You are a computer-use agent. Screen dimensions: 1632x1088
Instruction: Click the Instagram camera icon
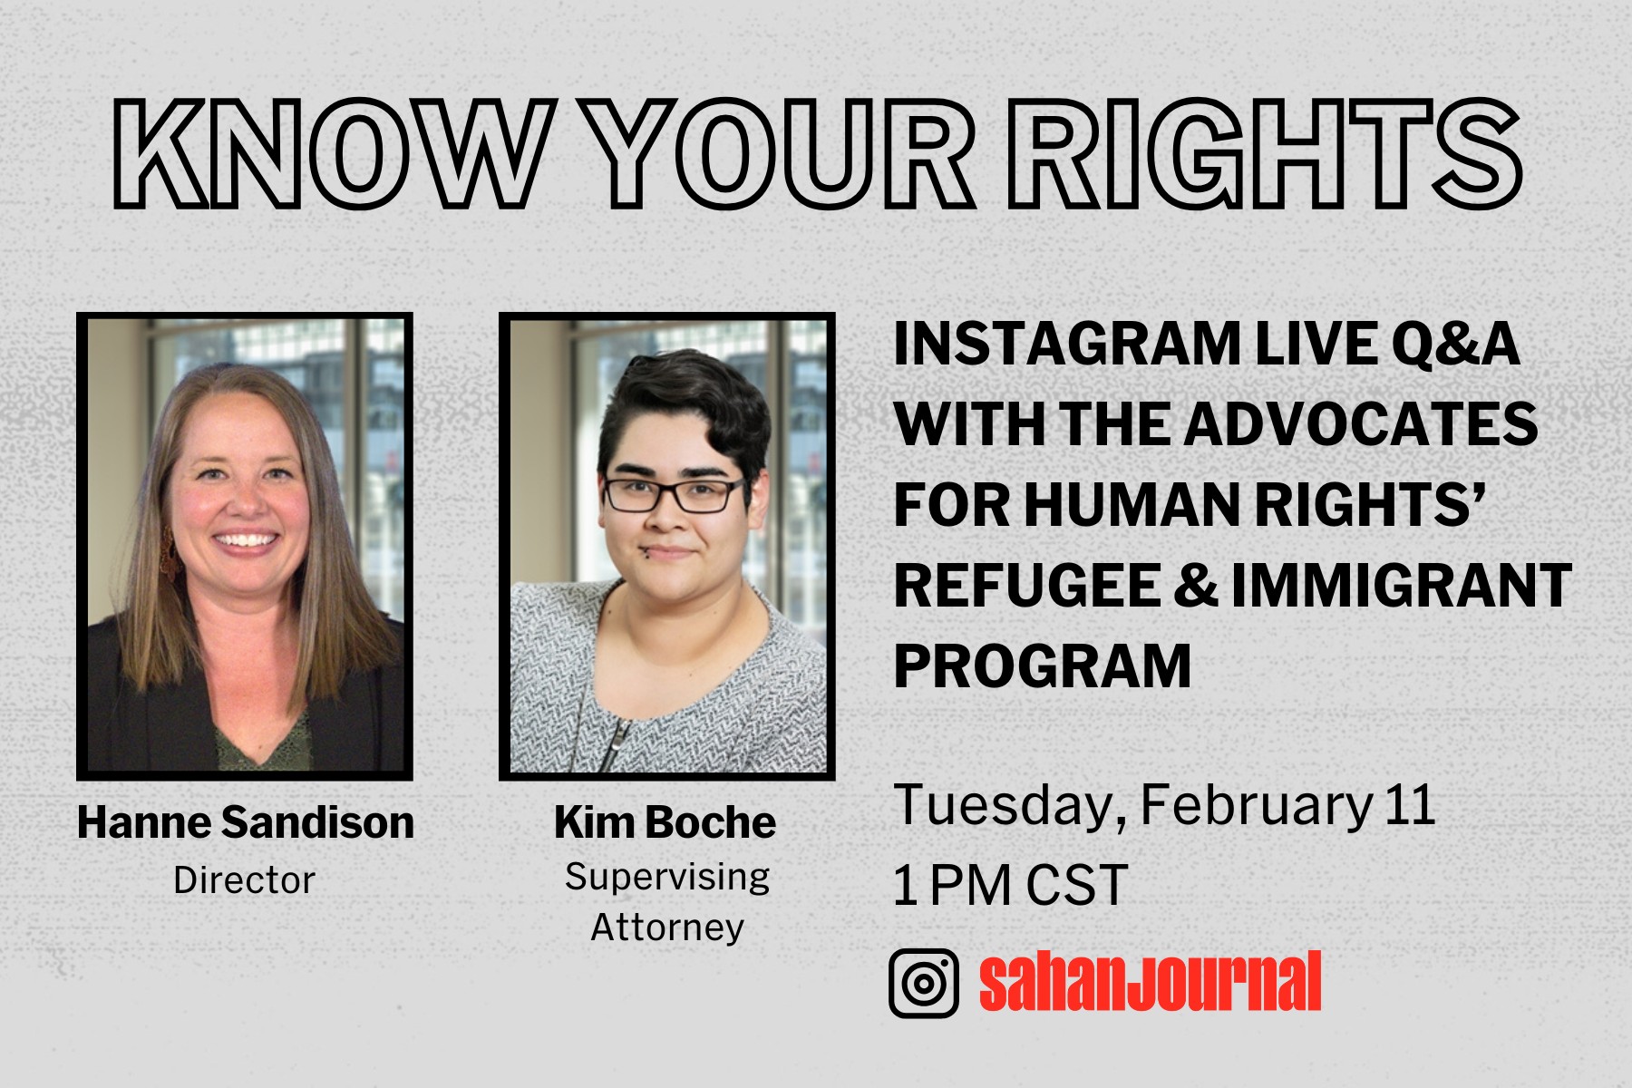[924, 983]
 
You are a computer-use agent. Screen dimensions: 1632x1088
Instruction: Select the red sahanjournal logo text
[1150, 981]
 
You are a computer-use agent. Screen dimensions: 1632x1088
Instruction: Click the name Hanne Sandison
[246, 823]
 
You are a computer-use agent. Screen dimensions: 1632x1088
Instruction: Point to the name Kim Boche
[665, 823]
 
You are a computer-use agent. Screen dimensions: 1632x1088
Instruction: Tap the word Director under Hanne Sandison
[244, 880]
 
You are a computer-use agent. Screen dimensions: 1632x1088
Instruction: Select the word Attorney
[667, 928]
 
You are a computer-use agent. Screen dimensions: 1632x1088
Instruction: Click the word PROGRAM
[1043, 667]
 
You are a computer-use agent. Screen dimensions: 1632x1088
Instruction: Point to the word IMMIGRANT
[1401, 586]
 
